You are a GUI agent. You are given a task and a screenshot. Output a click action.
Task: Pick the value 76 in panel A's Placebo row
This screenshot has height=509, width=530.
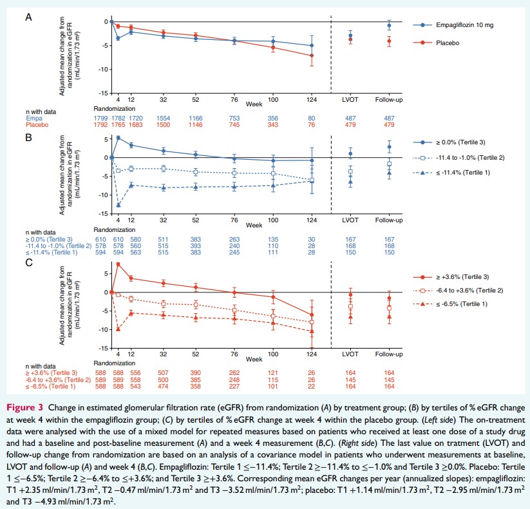[312, 125]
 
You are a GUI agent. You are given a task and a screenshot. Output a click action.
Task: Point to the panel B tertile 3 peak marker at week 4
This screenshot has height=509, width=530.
[118, 138]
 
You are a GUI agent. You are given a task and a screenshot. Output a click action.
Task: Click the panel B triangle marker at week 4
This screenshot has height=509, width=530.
[118, 205]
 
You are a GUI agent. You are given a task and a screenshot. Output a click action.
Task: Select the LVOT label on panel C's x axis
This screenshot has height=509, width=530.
[350, 354]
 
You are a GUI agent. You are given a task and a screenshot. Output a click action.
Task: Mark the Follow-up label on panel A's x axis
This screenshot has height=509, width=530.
[389, 101]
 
